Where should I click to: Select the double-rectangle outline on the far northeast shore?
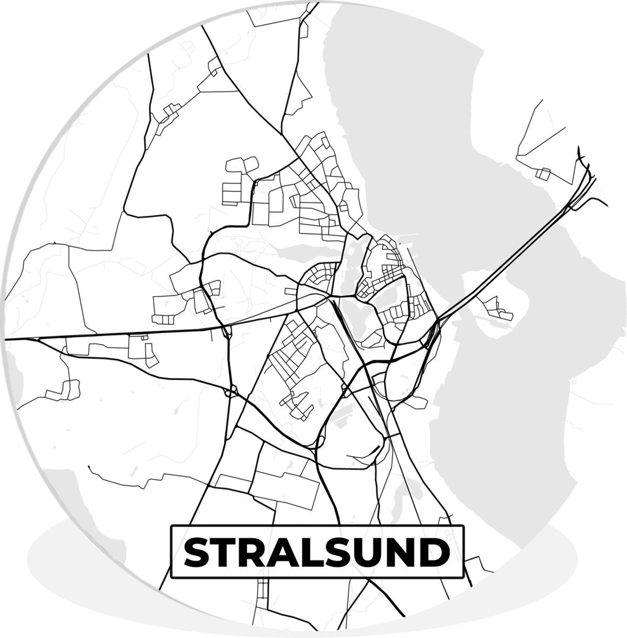tap(543, 173)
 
